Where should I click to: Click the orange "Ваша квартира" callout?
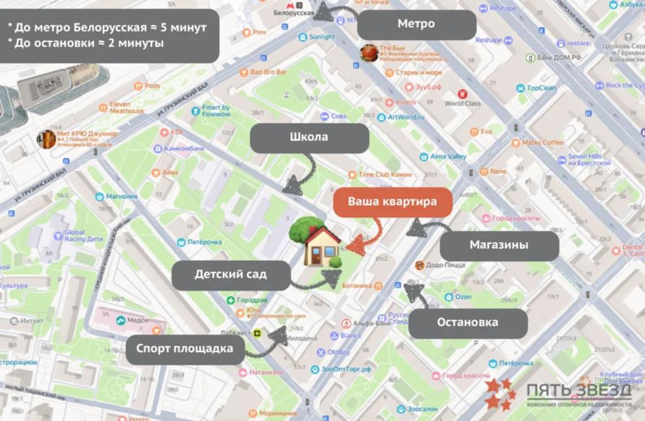point(392,203)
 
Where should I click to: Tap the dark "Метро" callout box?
point(416,24)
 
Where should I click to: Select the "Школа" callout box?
point(309,137)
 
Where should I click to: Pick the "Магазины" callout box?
point(499,245)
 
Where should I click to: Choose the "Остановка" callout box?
point(467,323)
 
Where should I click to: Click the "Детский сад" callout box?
point(230,275)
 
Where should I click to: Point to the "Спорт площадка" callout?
point(185,348)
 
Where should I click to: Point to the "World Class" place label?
point(462,103)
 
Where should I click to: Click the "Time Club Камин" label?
point(385,174)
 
